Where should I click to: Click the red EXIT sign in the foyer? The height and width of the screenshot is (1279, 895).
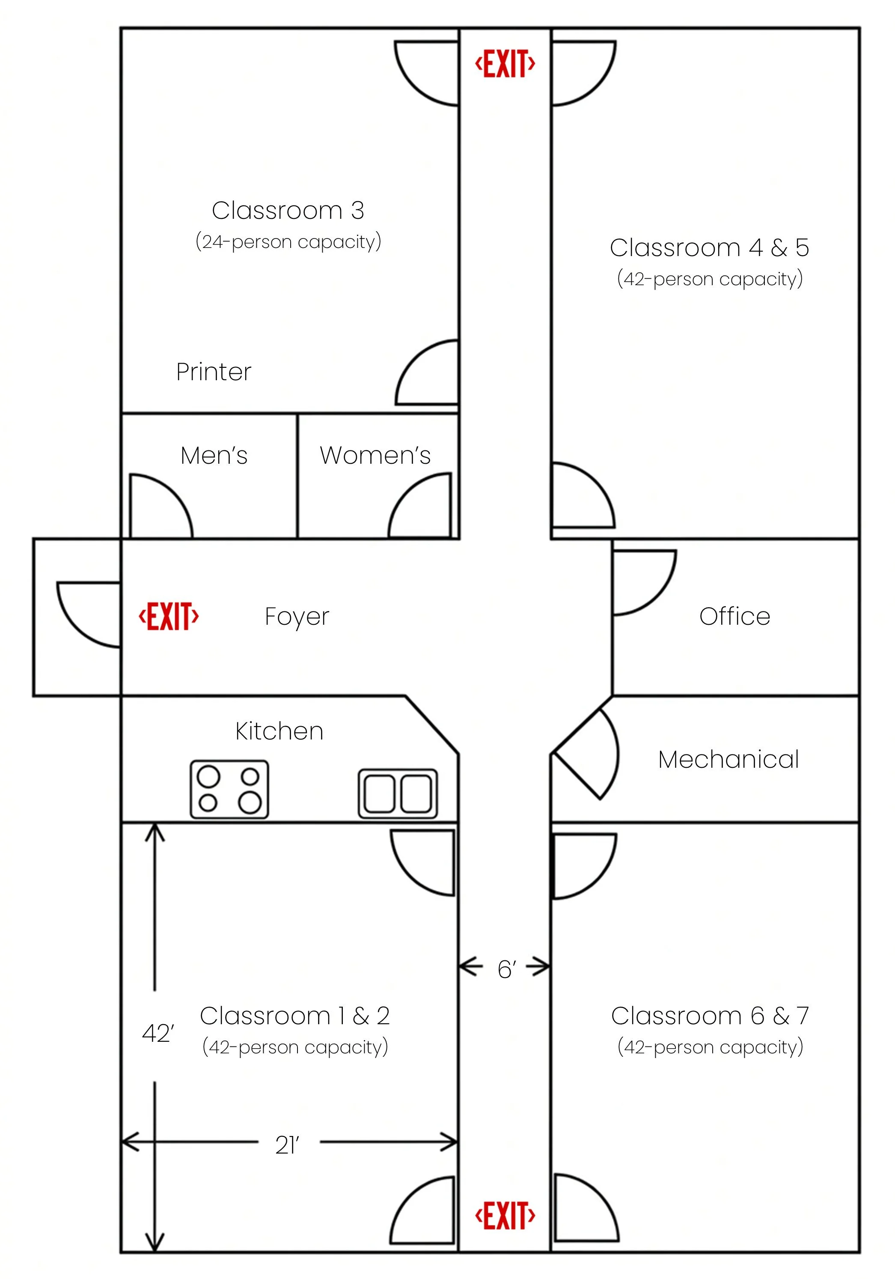[x=169, y=616]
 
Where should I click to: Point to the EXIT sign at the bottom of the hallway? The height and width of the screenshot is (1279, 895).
[x=505, y=1215]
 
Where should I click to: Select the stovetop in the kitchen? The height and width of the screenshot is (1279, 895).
[x=229, y=789]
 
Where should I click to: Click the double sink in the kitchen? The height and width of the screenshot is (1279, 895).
[x=398, y=793]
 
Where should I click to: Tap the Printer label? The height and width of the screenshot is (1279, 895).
[x=214, y=372]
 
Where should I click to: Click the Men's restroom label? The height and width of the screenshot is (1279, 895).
[x=214, y=455]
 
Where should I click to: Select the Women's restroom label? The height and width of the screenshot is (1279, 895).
[x=375, y=455]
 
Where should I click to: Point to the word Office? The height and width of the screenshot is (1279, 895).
[x=734, y=616]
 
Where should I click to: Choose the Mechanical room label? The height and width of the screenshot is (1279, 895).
[x=728, y=759]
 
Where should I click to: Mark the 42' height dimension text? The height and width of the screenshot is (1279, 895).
[x=158, y=1033]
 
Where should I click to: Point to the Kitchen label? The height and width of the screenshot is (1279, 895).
[x=279, y=731]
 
